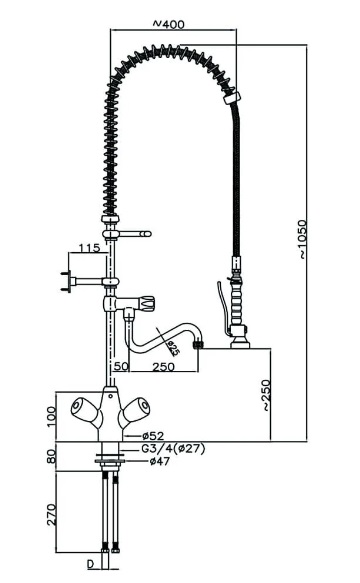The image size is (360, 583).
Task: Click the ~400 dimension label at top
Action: [x=168, y=24]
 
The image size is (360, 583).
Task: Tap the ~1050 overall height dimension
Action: [x=303, y=239]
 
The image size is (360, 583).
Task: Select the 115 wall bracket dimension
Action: [x=89, y=248]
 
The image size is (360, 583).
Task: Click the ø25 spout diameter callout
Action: [x=172, y=347]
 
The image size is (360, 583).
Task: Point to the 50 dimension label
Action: [x=121, y=366]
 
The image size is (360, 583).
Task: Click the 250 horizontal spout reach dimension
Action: [x=163, y=366]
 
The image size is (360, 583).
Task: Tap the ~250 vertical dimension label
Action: [x=266, y=395]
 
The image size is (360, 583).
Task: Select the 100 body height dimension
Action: [x=51, y=417]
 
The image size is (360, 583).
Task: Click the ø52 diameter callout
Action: [x=153, y=435]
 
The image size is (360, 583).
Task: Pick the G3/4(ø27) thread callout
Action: [x=173, y=449]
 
